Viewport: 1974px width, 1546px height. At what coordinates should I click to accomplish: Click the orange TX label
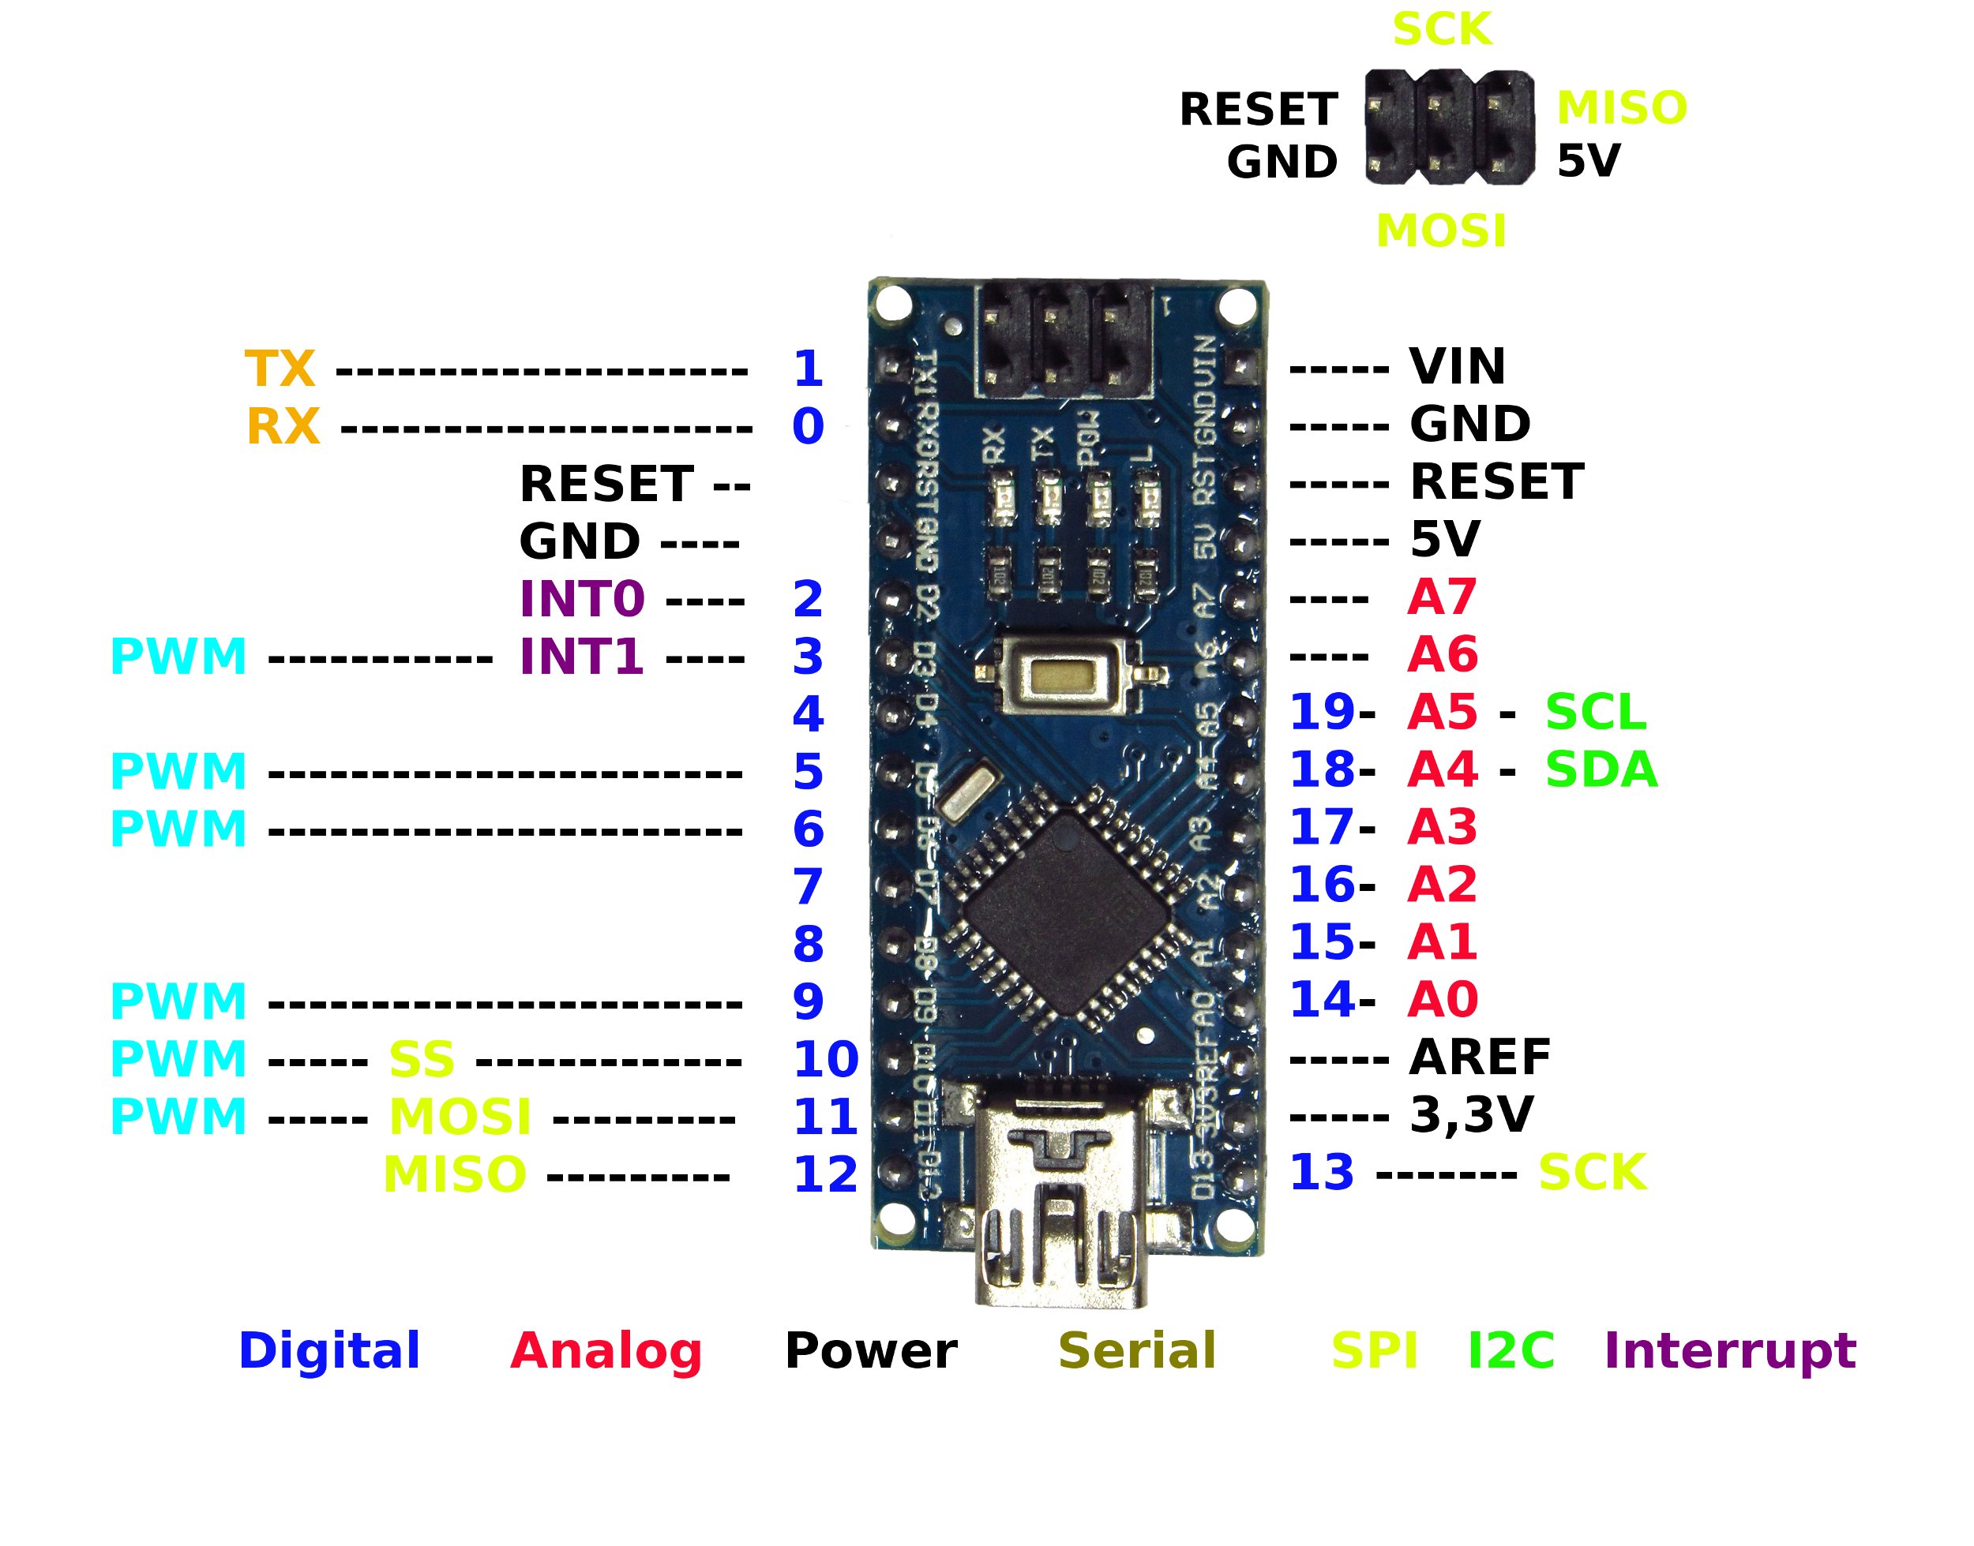(x=279, y=369)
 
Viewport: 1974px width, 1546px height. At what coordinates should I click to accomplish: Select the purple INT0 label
(x=581, y=598)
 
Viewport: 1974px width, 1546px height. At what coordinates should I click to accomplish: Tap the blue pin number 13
(x=1320, y=1172)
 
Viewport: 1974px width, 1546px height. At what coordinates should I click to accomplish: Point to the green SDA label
(x=1600, y=769)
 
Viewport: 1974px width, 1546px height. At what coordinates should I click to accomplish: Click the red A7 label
(x=1441, y=597)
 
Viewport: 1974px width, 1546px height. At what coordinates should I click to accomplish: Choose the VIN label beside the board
(x=1457, y=367)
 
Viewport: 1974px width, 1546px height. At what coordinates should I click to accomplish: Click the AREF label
(x=1480, y=1057)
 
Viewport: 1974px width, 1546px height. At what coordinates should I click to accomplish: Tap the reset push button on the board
(x=1068, y=674)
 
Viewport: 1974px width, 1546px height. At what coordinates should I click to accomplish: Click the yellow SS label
(x=421, y=1059)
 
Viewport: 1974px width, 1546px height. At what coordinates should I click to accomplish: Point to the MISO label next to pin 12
(x=455, y=1175)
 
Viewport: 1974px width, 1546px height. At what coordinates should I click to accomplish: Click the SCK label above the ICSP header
(x=1442, y=29)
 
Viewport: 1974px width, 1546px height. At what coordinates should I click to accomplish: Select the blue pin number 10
(x=825, y=1059)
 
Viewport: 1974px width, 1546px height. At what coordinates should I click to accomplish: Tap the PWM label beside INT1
(x=178, y=657)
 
